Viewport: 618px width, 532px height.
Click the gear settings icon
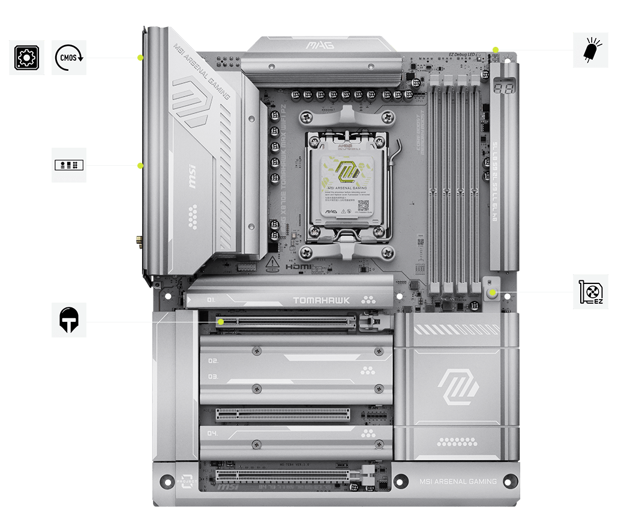[26, 58]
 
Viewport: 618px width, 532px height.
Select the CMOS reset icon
[69, 58]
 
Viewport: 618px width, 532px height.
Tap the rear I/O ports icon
[69, 165]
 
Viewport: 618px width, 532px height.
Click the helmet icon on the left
[69, 319]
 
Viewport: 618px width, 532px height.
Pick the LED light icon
[590, 50]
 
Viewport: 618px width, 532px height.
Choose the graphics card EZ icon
[590, 292]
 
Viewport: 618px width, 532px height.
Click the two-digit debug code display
[503, 88]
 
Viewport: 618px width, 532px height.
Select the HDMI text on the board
[298, 266]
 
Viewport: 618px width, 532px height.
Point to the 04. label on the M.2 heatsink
[212, 433]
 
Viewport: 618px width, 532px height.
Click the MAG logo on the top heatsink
[320, 45]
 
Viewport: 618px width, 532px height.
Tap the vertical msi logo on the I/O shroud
[193, 183]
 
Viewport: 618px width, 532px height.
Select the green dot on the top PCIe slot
[221, 322]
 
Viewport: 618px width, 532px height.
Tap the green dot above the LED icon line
[495, 49]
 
